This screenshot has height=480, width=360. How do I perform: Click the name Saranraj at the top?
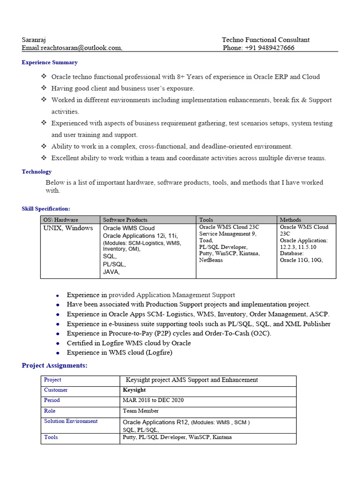(x=34, y=40)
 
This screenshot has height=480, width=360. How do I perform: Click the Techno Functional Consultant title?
(x=265, y=40)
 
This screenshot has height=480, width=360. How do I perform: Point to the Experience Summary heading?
(x=50, y=62)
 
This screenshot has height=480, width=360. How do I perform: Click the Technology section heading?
(x=37, y=172)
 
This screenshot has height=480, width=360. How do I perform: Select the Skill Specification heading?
(x=46, y=209)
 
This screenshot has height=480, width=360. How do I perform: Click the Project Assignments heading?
(x=54, y=366)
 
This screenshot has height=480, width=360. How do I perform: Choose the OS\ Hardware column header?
(x=61, y=219)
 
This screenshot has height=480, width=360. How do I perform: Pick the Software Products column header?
(x=125, y=219)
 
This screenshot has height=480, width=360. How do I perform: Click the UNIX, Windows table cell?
(x=68, y=228)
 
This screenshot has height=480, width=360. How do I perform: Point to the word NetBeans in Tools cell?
(x=211, y=260)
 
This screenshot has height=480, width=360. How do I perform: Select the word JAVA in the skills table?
(x=111, y=272)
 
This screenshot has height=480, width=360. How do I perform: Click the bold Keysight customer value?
(x=134, y=390)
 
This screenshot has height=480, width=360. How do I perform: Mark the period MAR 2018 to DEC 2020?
(x=153, y=400)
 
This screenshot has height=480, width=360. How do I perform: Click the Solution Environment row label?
(x=71, y=421)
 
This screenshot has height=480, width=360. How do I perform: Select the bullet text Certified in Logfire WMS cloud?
(x=129, y=343)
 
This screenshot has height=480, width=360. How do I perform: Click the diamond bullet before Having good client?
(x=44, y=88)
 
